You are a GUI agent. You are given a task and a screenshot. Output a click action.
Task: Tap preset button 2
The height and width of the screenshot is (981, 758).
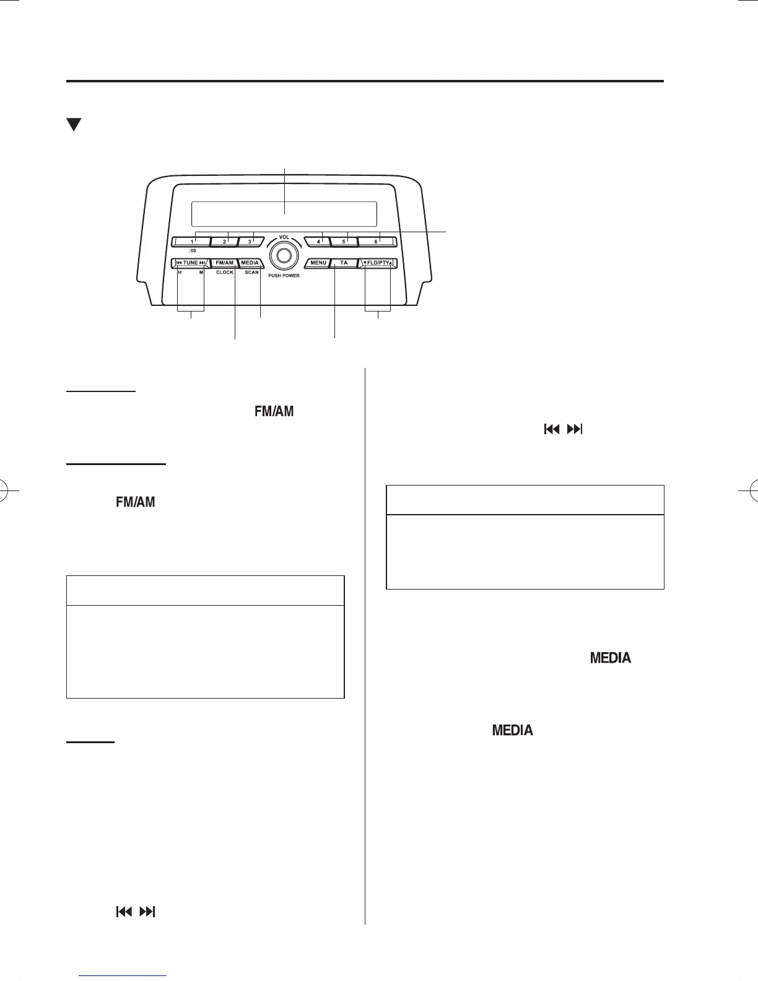click(224, 241)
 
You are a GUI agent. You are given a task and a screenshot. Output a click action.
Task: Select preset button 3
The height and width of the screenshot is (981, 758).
click(250, 241)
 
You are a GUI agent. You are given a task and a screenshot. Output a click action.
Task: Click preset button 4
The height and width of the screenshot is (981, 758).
click(319, 241)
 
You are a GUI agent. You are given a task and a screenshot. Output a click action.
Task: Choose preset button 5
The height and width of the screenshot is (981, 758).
click(344, 241)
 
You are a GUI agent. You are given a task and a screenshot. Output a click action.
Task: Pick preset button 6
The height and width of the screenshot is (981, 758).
click(375, 241)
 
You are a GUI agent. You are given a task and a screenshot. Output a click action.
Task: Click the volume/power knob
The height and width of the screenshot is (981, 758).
click(284, 255)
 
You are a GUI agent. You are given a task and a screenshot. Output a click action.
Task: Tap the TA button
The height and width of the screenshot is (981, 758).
click(343, 263)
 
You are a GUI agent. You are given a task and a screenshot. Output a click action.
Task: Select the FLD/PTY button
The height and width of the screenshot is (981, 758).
click(378, 263)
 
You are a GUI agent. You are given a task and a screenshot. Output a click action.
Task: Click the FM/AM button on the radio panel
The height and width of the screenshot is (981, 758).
click(224, 263)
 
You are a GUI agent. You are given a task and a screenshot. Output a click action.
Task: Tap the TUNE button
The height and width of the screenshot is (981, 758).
click(191, 263)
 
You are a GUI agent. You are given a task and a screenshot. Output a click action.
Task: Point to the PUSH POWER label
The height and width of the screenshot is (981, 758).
click(284, 276)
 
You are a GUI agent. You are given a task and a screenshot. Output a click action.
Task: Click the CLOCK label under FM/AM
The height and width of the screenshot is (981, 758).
click(225, 272)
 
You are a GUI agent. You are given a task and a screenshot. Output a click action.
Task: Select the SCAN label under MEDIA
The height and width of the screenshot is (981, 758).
click(251, 272)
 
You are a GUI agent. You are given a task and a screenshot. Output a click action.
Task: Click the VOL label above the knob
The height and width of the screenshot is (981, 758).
click(284, 237)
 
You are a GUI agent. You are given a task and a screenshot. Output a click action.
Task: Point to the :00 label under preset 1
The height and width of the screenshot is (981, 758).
click(193, 250)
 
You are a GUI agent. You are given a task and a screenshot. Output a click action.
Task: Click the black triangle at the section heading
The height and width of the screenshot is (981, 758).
click(74, 124)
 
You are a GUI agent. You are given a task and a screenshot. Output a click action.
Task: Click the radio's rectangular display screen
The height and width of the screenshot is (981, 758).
click(284, 214)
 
